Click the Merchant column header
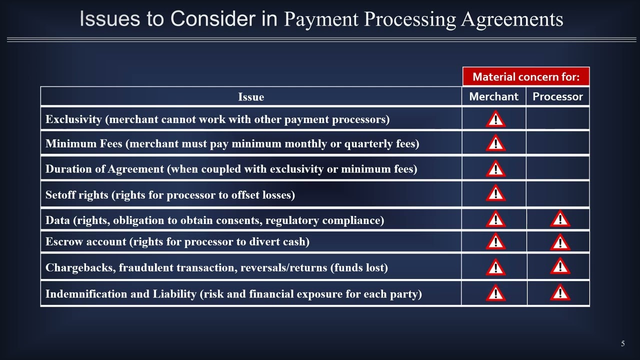pyautogui.click(x=493, y=96)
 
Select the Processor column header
pyautogui.click(x=557, y=96)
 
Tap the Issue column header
pyautogui.click(x=251, y=97)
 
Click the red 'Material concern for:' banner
pyautogui.click(x=526, y=77)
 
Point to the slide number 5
pyautogui.click(x=622, y=343)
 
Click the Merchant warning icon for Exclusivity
pyautogui.click(x=495, y=120)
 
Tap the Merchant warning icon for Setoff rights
pyautogui.click(x=495, y=193)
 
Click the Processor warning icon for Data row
pyautogui.click(x=560, y=219)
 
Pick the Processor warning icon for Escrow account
pyautogui.click(x=560, y=242)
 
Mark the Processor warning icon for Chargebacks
pyautogui.click(x=560, y=267)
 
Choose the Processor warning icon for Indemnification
pyautogui.click(x=560, y=293)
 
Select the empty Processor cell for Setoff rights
pyautogui.click(x=557, y=194)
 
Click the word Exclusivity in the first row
pyautogui.click(x=73, y=119)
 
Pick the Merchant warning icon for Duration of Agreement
pyautogui.click(x=495, y=169)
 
